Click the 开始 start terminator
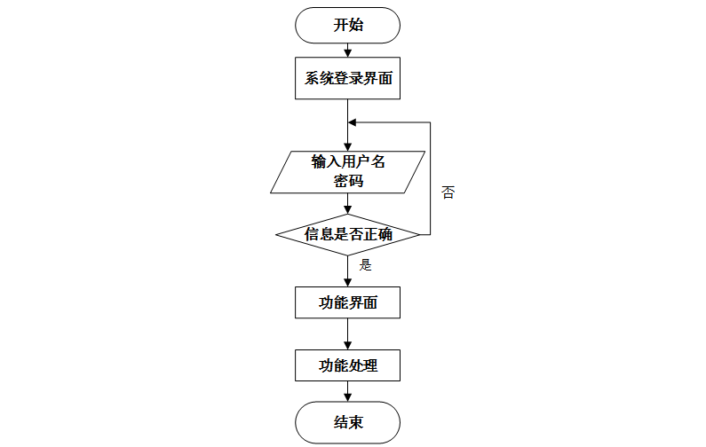347,25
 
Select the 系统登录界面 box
347,78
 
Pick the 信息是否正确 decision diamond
347,235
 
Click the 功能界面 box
347,302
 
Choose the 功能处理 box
347,365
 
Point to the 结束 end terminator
347,422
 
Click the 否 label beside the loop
448,192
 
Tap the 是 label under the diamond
364,264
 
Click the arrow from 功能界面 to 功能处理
347,333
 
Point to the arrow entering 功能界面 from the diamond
347,271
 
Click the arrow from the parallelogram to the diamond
347,204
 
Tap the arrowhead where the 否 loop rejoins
353,122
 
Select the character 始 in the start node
355,25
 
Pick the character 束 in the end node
355,422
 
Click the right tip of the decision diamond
418,235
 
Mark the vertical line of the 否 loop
431,177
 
